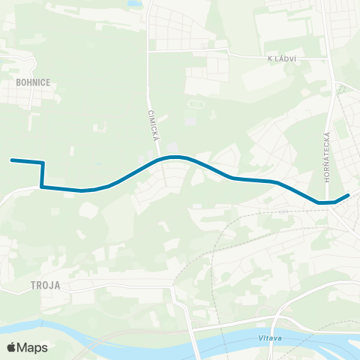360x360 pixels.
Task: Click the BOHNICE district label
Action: [x=32, y=83]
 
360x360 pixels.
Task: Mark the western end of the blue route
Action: [x=11, y=160]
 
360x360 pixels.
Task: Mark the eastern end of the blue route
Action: [x=348, y=196]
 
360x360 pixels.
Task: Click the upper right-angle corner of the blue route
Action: [x=43, y=163]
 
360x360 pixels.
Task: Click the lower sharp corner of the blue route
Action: [x=41, y=187]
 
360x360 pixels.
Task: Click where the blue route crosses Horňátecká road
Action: [x=330, y=202]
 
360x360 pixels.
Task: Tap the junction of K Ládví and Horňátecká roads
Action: [x=328, y=57]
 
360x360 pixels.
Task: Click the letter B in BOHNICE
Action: [x=16, y=83]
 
